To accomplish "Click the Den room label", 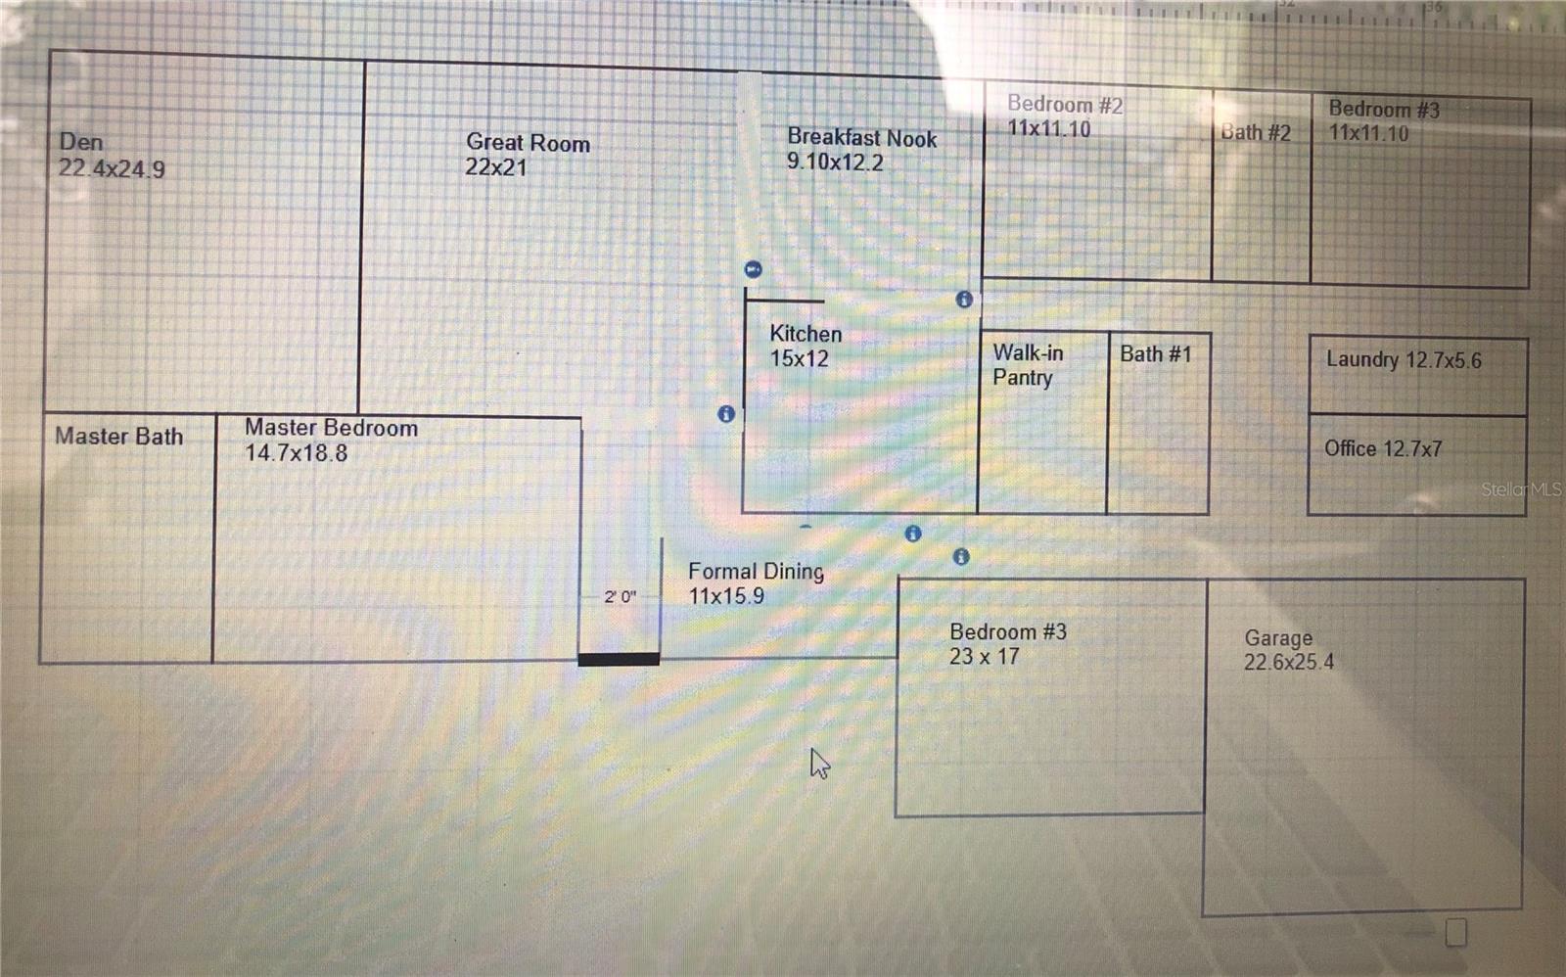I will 81,142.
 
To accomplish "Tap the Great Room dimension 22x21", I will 495,167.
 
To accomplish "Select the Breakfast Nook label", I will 861,138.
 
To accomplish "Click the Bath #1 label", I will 1155,353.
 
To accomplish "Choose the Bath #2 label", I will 1256,132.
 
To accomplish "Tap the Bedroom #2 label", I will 1065,104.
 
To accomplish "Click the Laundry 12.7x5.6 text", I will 1404,359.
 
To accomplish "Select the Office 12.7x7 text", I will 1382,448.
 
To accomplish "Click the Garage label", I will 1278,637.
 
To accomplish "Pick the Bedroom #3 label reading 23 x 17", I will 1007,643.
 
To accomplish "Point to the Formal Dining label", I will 756,571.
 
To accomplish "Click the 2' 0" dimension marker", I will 620,596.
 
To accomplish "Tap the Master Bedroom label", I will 331,428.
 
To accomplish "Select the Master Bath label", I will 118,437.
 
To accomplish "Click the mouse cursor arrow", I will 819,764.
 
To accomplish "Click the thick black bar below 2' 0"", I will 619,660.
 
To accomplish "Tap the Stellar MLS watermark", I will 1520,489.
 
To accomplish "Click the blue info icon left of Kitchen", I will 726,414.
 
